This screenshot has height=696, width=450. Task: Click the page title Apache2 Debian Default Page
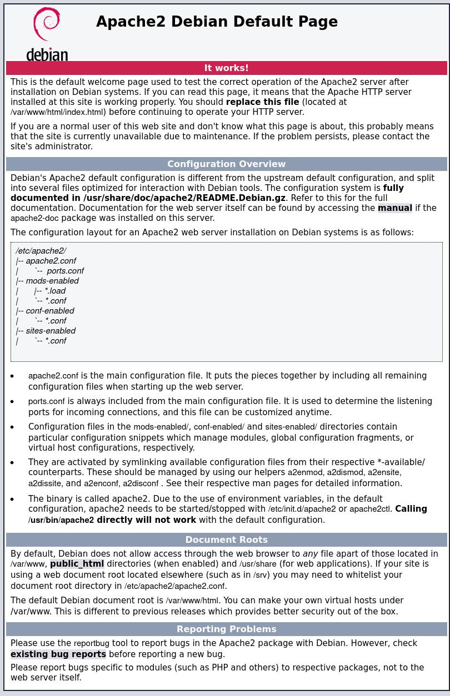click(x=217, y=22)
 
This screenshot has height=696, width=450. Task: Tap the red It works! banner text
click(x=226, y=68)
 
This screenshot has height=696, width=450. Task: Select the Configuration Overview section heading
click(x=226, y=164)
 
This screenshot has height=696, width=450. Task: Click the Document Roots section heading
click(x=226, y=539)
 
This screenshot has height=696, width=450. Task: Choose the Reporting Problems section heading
click(x=226, y=629)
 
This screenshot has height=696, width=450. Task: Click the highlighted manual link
click(x=394, y=208)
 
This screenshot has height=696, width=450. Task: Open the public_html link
click(x=77, y=564)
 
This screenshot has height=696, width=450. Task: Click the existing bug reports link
click(x=58, y=654)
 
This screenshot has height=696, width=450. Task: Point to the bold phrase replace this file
click(x=262, y=102)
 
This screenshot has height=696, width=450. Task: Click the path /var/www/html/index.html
click(x=57, y=112)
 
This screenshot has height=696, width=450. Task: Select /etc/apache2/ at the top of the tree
click(x=41, y=251)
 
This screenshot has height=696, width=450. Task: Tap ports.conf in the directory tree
click(x=65, y=271)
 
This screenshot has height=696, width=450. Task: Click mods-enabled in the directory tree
click(x=52, y=281)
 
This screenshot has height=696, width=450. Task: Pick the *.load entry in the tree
click(x=55, y=291)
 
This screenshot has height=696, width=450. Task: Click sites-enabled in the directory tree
click(x=51, y=331)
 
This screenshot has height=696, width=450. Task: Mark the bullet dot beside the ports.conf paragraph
click(x=12, y=401)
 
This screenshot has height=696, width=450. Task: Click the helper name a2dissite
click(x=45, y=483)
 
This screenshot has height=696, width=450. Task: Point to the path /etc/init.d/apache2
click(x=302, y=509)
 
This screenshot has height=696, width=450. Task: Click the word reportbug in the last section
click(x=91, y=644)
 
